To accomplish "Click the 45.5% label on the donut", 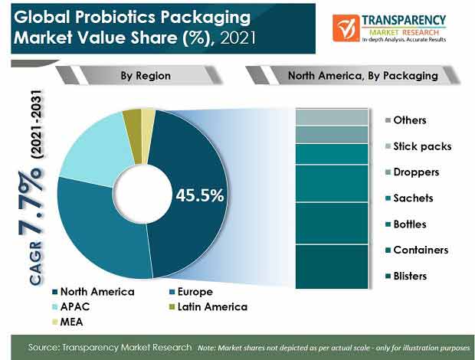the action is tap(200, 195).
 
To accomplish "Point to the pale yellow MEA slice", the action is tap(148, 133).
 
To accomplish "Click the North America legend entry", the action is tap(93, 292).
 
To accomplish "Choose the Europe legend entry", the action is tap(192, 292).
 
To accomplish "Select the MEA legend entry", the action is tap(67, 322).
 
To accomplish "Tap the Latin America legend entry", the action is tap(208, 307).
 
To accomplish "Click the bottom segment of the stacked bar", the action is tap(332, 267).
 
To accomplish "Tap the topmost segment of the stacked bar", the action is tap(332, 117).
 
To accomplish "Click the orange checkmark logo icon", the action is tap(346, 28).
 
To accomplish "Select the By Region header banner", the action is tap(139, 75).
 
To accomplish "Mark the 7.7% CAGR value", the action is tap(30, 203).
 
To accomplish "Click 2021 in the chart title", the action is tap(238, 38).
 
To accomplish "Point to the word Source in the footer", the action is tap(44, 347).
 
